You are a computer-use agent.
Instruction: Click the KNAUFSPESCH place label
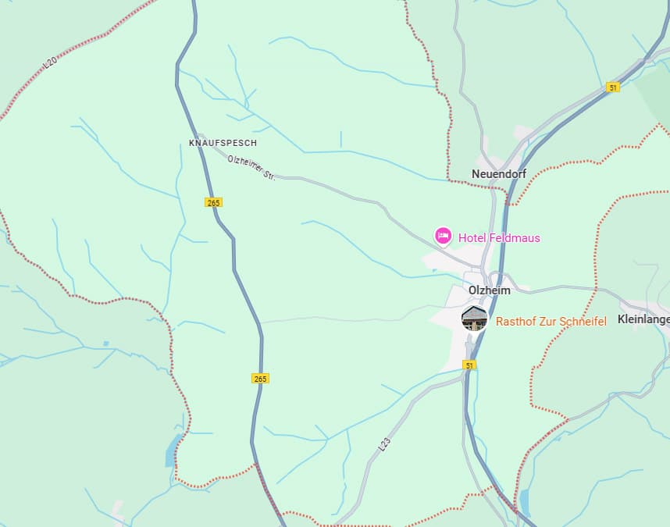223,144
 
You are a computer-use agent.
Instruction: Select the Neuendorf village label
498,173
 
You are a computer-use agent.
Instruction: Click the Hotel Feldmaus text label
499,238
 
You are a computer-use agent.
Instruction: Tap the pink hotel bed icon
444,235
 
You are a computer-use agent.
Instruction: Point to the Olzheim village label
489,290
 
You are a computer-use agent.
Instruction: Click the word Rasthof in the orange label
515,322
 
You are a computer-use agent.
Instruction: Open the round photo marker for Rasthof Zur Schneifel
475,318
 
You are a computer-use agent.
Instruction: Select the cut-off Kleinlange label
643,319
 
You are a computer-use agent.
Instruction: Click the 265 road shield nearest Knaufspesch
214,202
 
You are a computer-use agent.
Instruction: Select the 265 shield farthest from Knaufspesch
260,379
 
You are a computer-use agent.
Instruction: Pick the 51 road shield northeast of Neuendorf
613,87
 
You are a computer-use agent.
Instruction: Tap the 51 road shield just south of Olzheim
469,365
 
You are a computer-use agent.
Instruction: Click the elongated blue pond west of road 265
172,450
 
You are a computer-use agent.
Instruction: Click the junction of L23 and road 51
466,376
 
